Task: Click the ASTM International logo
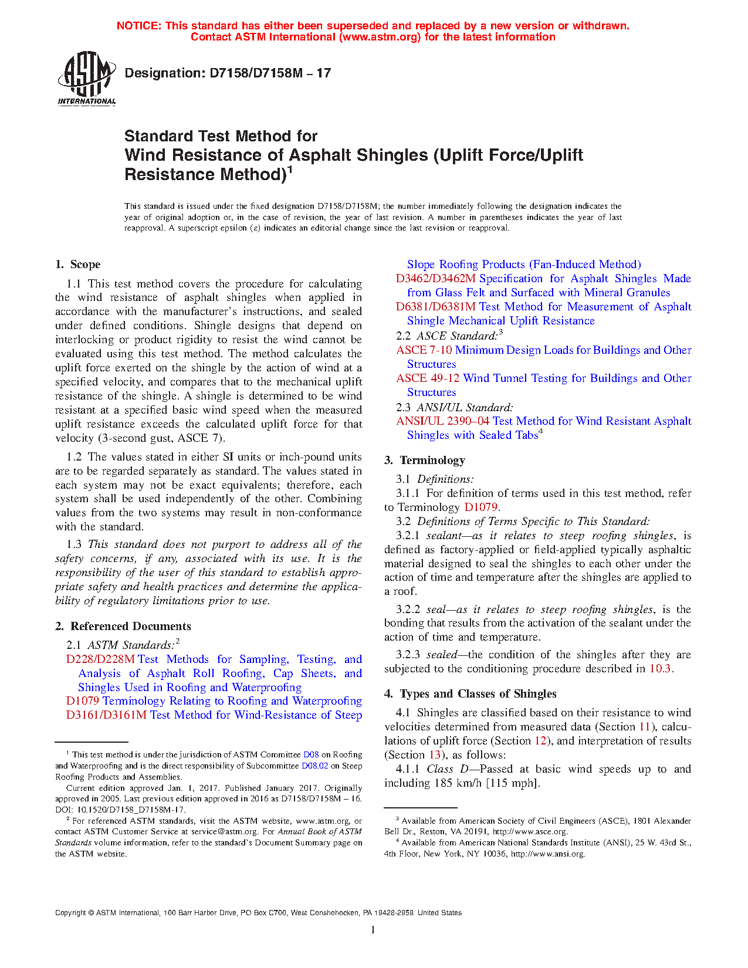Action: click(x=86, y=77)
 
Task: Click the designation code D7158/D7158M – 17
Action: click(x=228, y=73)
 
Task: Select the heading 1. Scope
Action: click(x=78, y=265)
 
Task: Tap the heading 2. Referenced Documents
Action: click(x=123, y=627)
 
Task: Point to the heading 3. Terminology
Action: click(x=425, y=461)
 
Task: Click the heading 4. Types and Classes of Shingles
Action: click(x=471, y=694)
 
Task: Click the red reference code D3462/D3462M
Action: click(x=435, y=279)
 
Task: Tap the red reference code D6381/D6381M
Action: click(x=435, y=307)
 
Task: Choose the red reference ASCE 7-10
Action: click(x=424, y=350)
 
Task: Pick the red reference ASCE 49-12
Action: click(x=428, y=378)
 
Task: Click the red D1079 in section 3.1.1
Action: click(x=480, y=507)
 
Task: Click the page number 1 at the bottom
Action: click(x=373, y=930)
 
